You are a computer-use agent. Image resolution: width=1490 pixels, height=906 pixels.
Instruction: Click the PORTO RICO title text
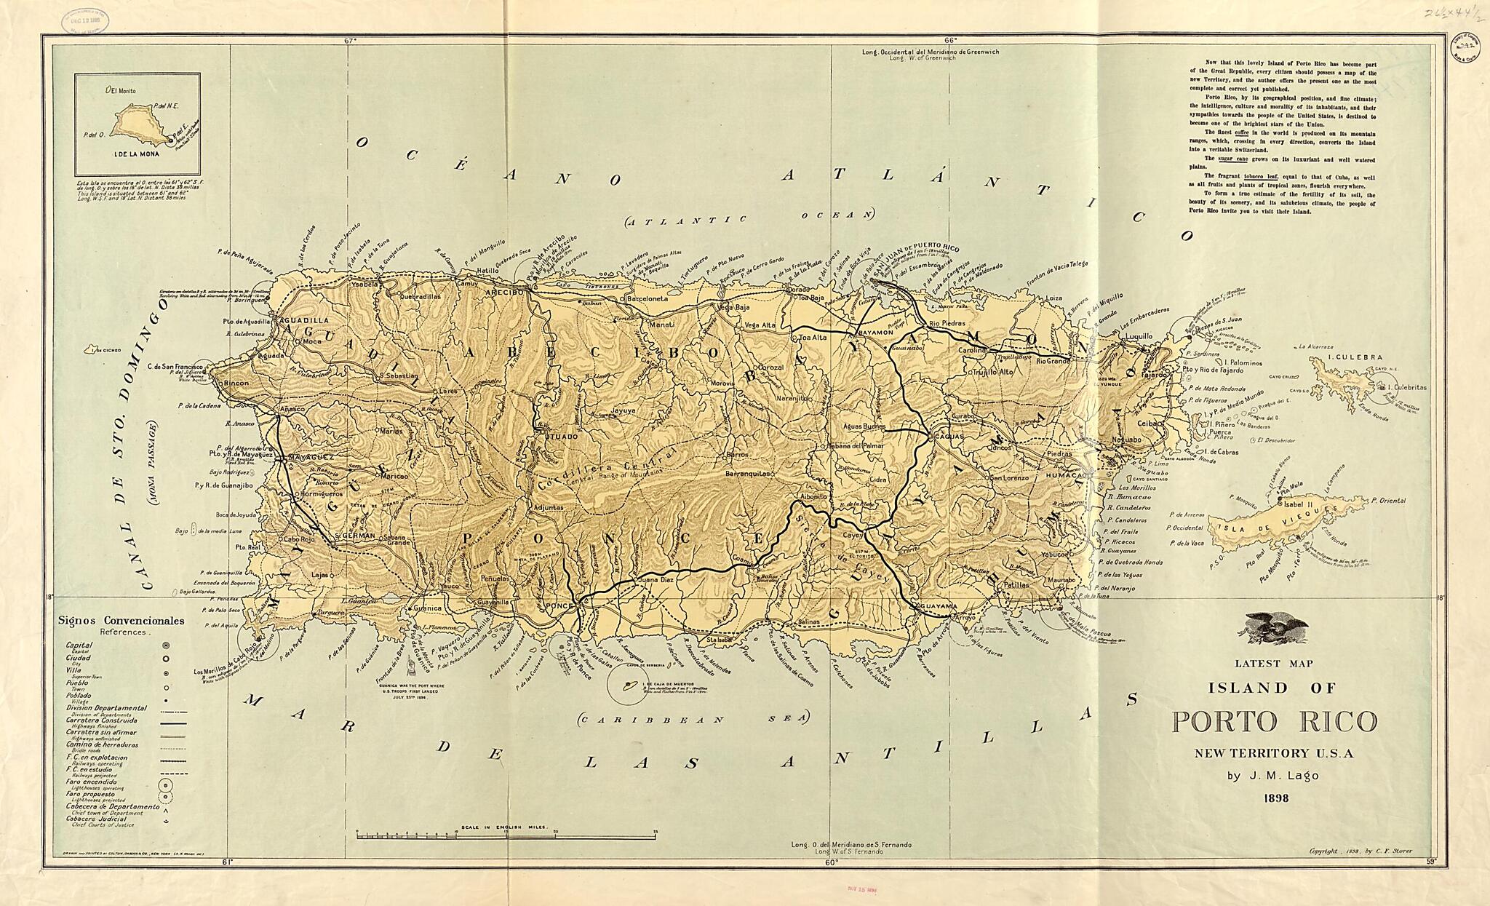1274,722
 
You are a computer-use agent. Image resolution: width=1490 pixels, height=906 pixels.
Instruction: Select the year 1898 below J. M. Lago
1273,798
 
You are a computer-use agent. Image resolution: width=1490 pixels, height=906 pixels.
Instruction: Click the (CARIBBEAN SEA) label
692,718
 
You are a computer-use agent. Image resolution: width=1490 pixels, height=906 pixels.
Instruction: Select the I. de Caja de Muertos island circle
626,686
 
